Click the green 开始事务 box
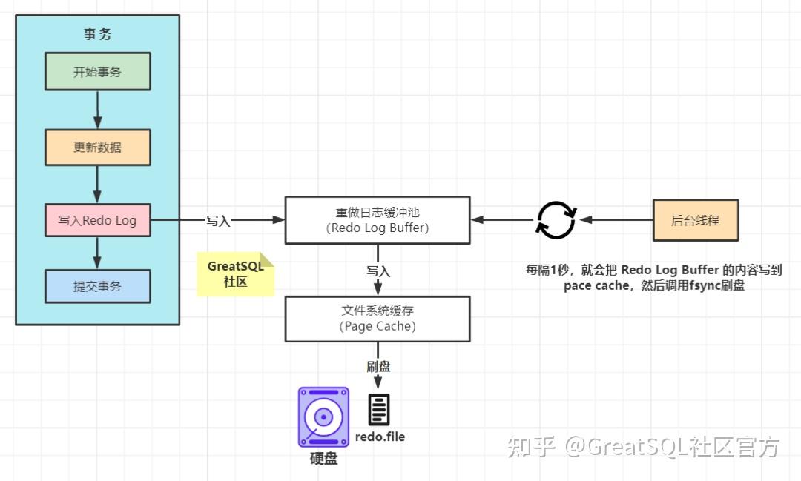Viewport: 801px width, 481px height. pyautogui.click(x=97, y=72)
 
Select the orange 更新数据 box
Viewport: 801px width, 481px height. pyautogui.click(x=97, y=147)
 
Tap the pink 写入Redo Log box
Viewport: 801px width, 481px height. pyautogui.click(x=97, y=220)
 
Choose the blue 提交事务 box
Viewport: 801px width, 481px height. pyautogui.click(x=97, y=286)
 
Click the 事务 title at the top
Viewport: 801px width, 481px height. pyautogui.click(x=97, y=35)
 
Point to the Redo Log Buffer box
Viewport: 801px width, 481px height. pyautogui.click(x=378, y=219)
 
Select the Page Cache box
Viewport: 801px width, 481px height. pyautogui.click(x=378, y=319)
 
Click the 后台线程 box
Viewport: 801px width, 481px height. pyautogui.click(x=695, y=220)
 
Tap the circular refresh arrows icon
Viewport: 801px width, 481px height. pyautogui.click(x=556, y=219)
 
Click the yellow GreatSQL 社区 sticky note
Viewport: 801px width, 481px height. pyautogui.click(x=235, y=274)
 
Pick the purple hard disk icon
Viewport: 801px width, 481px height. pyautogui.click(x=323, y=417)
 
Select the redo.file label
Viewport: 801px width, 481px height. pyautogui.click(x=380, y=437)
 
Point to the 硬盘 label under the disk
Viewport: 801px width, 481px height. pyautogui.click(x=323, y=459)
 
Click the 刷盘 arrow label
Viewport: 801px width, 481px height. pyautogui.click(x=378, y=366)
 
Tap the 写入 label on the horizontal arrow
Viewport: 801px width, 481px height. pyautogui.click(x=218, y=220)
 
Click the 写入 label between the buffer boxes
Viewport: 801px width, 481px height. pyautogui.click(x=378, y=271)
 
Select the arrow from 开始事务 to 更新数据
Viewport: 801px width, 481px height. pyautogui.click(x=97, y=110)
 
